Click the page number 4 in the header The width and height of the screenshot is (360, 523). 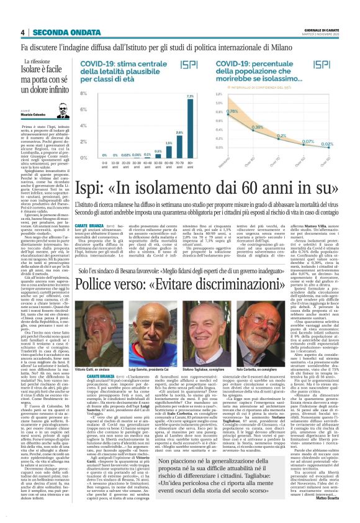coord(22,32)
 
